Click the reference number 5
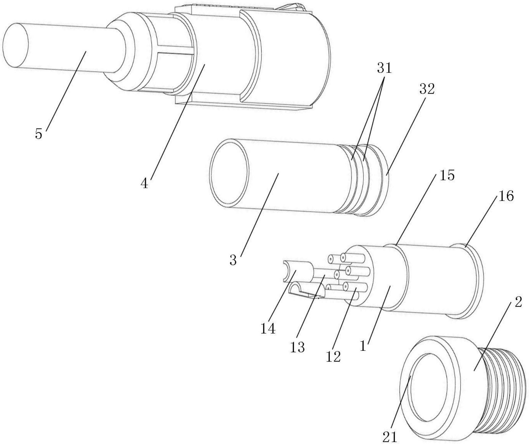click(38, 134)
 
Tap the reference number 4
click(144, 183)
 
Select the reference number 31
click(384, 69)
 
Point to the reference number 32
click(427, 89)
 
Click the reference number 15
click(447, 175)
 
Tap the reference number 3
click(233, 260)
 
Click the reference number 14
click(268, 328)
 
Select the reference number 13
click(297, 347)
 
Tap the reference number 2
click(518, 302)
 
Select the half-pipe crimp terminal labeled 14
click(296, 271)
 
